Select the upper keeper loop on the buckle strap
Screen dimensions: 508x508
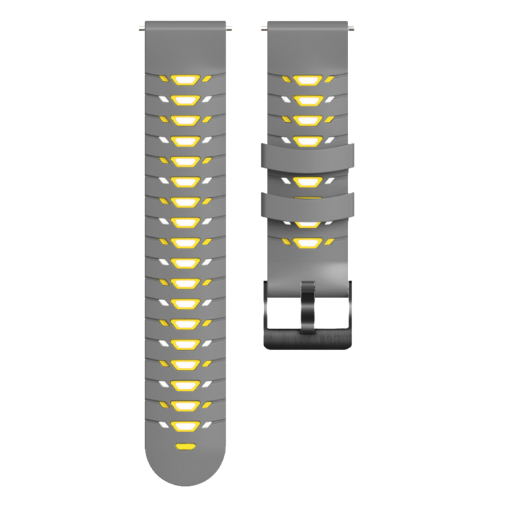click(308, 155)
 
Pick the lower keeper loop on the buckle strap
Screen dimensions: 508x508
click(308, 204)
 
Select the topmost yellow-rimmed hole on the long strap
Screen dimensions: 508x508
click(185, 80)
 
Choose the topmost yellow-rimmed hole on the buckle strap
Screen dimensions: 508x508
click(308, 80)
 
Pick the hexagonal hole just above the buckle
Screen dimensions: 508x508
click(308, 242)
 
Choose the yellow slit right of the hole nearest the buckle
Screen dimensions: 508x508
click(330, 242)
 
